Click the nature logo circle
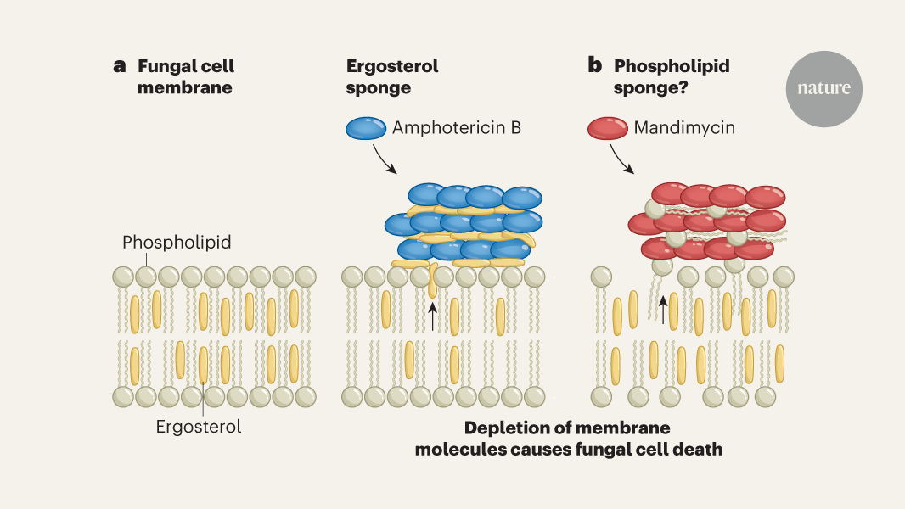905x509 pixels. point(823,88)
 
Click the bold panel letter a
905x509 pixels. point(120,66)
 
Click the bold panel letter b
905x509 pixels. point(595,66)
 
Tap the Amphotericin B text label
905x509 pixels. point(456,128)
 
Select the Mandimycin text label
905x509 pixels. point(684,128)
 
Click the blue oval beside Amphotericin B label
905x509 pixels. point(366,129)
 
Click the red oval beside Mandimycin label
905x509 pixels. point(609,129)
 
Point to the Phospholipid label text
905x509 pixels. point(177,243)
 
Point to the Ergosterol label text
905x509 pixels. point(199,427)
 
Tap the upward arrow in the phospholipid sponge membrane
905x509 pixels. point(664,310)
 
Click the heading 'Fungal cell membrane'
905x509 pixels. point(185,76)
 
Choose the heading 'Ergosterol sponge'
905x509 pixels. point(392,76)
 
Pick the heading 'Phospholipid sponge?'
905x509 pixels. point(660,76)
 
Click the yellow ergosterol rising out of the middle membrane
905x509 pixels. point(433,282)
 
